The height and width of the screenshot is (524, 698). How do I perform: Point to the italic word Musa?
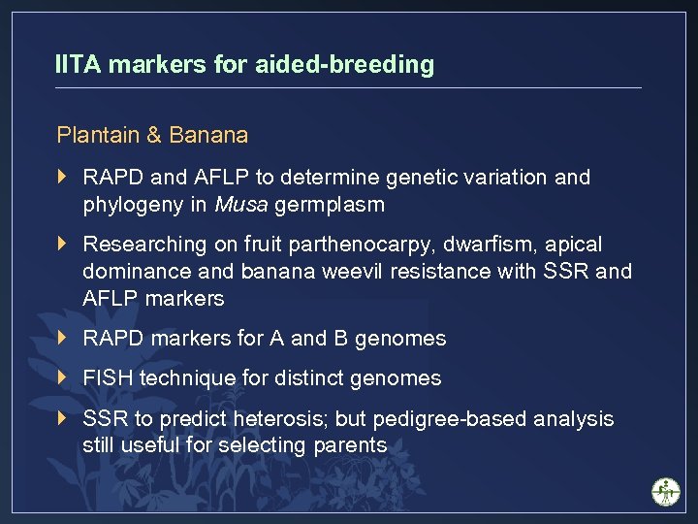(241, 205)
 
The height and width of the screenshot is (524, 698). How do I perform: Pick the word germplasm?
(330, 205)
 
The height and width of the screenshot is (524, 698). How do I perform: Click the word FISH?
(109, 378)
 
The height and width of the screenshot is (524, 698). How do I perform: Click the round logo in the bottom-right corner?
(666, 491)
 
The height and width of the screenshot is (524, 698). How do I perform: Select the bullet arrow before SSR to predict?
(63, 419)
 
